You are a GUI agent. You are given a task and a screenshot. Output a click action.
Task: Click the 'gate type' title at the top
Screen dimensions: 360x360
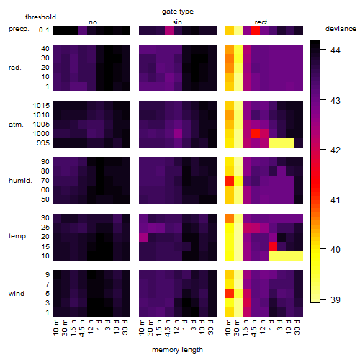(x=178, y=12)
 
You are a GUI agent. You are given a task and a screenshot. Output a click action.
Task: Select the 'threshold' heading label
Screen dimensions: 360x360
(x=40, y=17)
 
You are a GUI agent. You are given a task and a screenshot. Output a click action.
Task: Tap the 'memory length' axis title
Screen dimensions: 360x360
(x=177, y=350)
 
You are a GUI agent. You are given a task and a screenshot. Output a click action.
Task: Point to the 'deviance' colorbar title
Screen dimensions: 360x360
(x=341, y=29)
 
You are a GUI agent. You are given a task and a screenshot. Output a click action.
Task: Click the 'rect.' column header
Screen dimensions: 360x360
(x=261, y=22)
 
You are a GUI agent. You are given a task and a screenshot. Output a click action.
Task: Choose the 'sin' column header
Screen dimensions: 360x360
(x=177, y=22)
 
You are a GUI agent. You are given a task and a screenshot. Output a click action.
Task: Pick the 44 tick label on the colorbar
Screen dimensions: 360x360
(x=336, y=50)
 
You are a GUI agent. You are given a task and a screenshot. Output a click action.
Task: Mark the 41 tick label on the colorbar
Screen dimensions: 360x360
(x=336, y=199)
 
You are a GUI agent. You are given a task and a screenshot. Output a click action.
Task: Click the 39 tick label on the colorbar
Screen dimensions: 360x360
(x=336, y=300)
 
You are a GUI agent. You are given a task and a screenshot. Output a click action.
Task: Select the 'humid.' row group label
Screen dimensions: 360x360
(x=20, y=181)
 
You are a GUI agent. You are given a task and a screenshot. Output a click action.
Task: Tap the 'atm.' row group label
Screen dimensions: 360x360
(x=16, y=125)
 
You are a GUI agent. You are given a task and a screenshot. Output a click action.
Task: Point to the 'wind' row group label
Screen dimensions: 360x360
(x=17, y=294)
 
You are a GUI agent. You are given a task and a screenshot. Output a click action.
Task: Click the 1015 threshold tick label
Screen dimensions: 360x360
(x=41, y=106)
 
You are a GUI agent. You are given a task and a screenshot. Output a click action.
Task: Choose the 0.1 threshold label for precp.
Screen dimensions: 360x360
(x=44, y=30)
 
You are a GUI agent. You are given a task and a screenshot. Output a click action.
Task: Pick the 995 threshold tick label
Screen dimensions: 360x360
(x=43, y=143)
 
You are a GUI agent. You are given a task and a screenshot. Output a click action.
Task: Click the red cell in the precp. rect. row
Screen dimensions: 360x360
(x=256, y=30)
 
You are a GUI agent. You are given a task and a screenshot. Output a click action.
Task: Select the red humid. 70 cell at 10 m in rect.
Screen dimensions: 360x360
(x=230, y=181)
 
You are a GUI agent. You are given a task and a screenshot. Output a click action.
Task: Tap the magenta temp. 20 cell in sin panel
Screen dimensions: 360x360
(x=143, y=238)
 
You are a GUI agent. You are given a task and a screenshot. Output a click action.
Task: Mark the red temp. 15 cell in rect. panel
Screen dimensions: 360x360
(x=273, y=247)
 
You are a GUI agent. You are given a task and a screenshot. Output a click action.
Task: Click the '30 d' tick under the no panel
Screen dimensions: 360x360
(x=125, y=327)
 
